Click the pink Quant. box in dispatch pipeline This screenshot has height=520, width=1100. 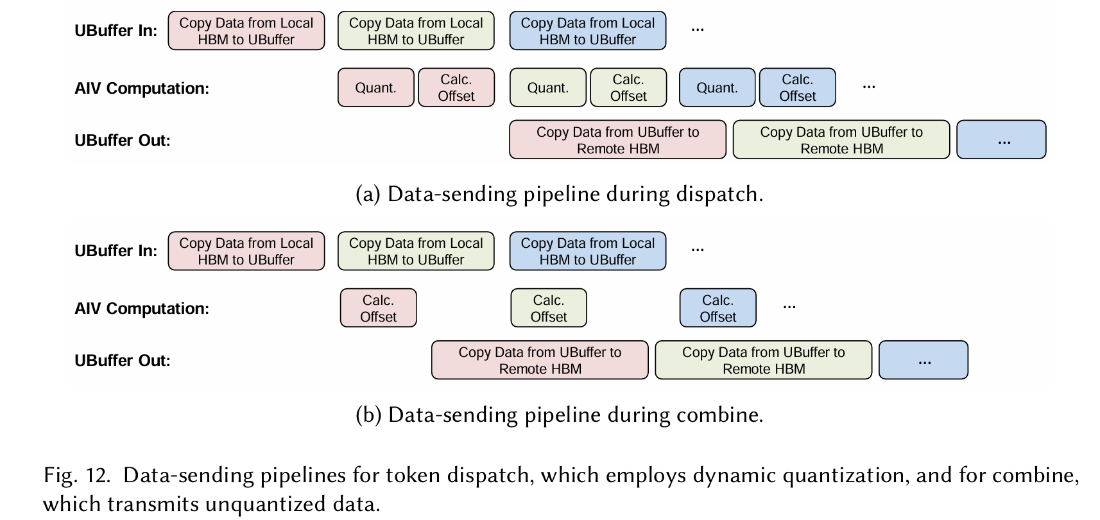pos(375,87)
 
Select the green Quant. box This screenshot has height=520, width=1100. pos(547,87)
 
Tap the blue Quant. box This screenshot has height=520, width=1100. pos(717,87)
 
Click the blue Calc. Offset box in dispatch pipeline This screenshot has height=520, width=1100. pos(798,87)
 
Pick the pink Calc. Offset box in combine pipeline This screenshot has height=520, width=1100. pos(378,308)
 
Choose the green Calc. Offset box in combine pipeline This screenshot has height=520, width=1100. pos(549,308)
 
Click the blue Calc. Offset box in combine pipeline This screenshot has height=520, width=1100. pos(718,308)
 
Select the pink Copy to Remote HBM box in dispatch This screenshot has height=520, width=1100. pos(618,139)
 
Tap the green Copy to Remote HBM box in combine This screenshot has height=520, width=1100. pos(764,360)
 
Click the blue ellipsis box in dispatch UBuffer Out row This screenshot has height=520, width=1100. pos(1001,139)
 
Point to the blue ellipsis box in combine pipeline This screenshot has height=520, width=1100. pos(924,360)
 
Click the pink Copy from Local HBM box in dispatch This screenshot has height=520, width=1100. pos(246,30)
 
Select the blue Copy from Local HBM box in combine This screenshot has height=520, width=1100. pos(588,251)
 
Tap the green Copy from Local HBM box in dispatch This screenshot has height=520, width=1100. pos(416,30)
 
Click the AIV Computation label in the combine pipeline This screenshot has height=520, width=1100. pos(141,308)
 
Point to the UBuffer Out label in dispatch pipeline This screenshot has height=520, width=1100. pos(123,141)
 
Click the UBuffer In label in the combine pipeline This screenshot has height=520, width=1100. pos(116,251)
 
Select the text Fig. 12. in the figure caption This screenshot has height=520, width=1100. pos(77,476)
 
